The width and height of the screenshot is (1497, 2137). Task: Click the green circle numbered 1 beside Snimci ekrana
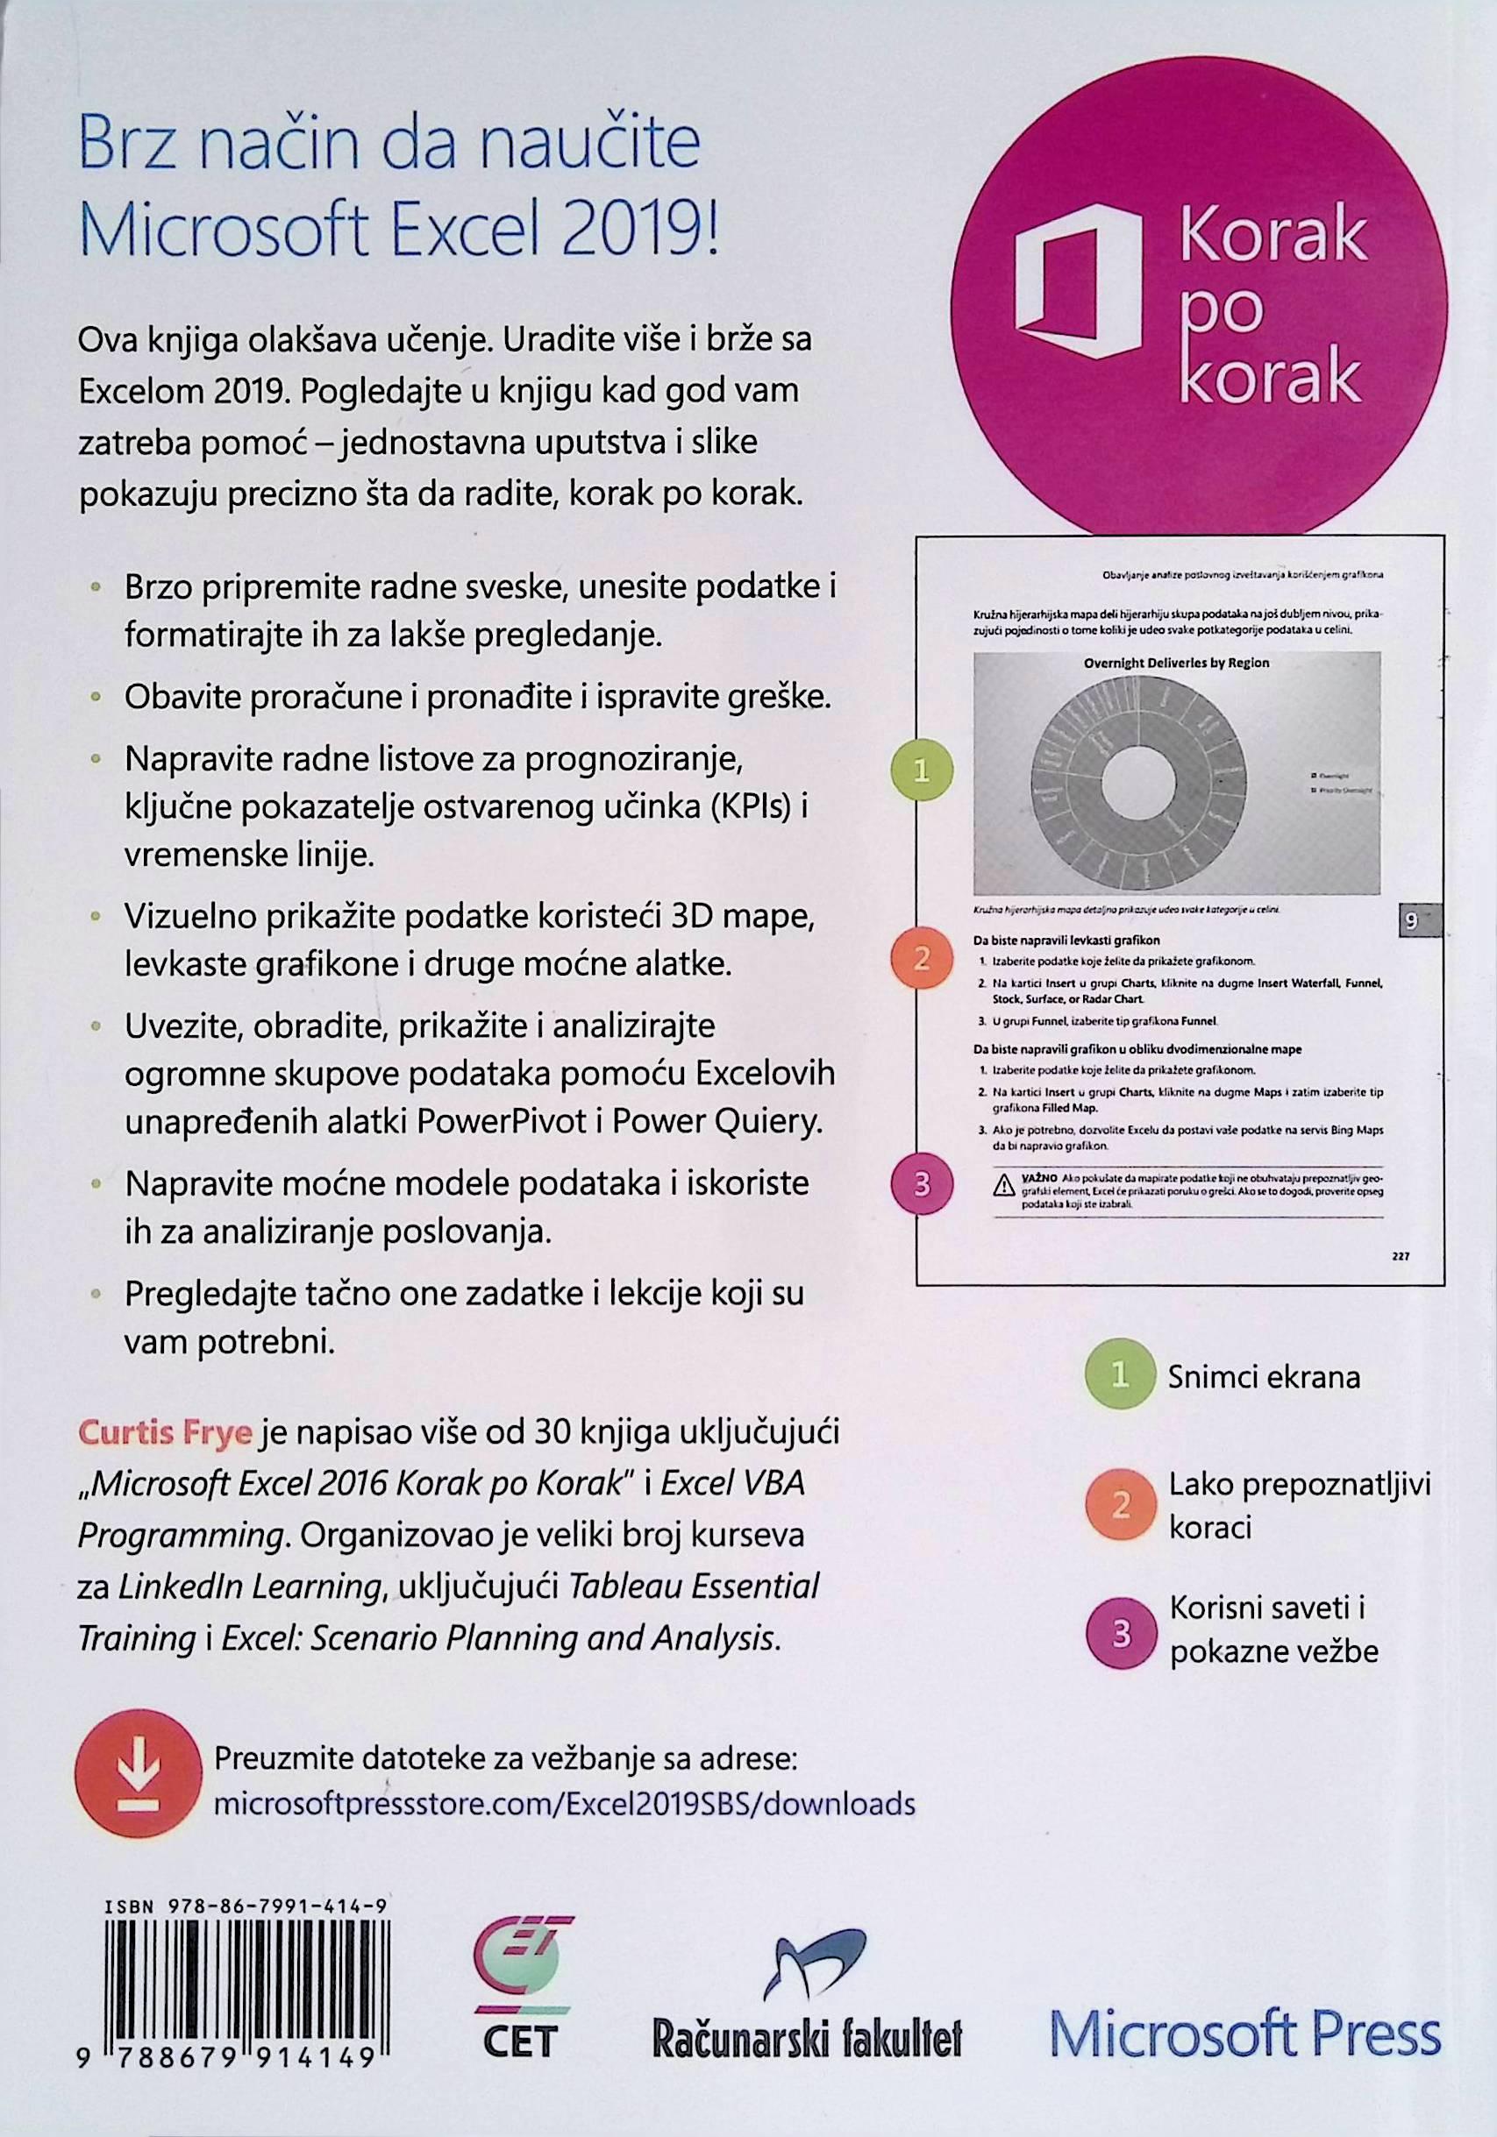[1120, 1375]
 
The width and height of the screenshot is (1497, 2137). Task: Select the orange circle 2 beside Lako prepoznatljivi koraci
[1120, 1505]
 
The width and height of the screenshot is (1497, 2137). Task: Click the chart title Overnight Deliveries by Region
[1176, 663]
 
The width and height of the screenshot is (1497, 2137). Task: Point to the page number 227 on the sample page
[1401, 1255]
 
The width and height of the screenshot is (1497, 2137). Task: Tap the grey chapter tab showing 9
[1410, 921]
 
